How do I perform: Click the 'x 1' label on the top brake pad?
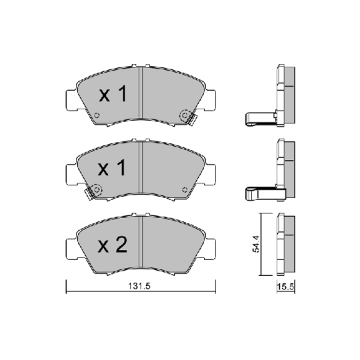[113, 95]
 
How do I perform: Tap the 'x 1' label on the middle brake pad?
[113, 169]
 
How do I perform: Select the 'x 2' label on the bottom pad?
[113, 245]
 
